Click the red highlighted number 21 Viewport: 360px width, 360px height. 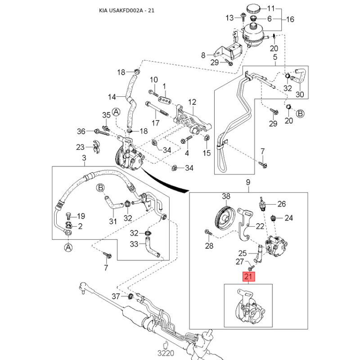[x=249, y=277]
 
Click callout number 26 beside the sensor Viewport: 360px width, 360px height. [x=282, y=204]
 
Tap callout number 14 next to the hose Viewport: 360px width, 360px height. [x=112, y=96]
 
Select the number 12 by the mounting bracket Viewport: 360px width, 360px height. [x=193, y=102]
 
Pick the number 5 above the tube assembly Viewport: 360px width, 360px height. [x=275, y=57]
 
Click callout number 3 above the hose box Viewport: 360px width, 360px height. [x=84, y=157]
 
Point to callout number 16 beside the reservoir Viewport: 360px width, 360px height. [x=290, y=19]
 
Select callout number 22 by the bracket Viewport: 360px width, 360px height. [x=260, y=226]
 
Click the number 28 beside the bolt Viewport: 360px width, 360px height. [x=209, y=246]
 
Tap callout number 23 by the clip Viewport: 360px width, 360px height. [x=80, y=147]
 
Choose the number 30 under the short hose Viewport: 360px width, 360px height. [x=300, y=94]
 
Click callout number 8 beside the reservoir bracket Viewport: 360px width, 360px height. [x=203, y=55]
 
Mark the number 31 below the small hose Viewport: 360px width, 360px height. [x=113, y=221]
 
